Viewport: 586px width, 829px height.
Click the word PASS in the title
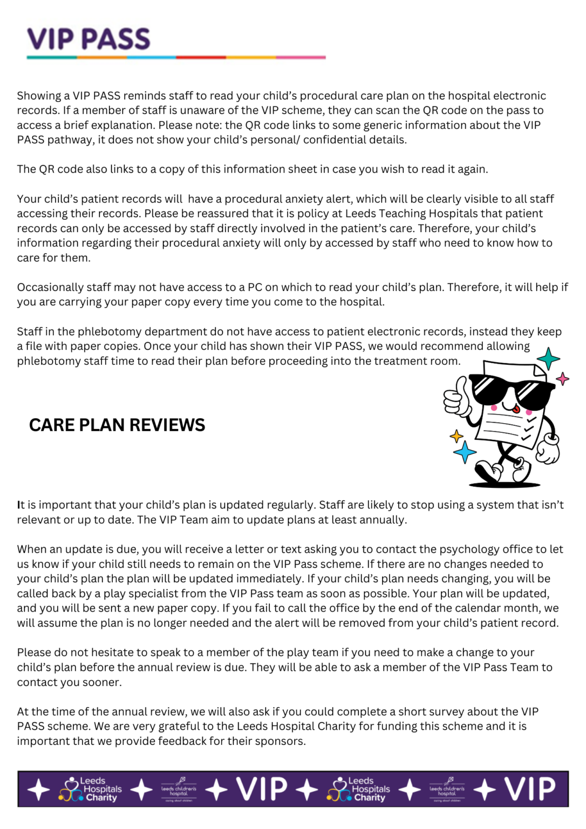(116, 39)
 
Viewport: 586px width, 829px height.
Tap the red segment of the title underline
(201, 57)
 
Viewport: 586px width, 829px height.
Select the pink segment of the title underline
(301, 57)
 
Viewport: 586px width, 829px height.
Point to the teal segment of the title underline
(52, 57)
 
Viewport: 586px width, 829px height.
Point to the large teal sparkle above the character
(548, 358)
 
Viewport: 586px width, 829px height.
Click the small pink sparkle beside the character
(563, 379)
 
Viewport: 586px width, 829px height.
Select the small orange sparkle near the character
(456, 436)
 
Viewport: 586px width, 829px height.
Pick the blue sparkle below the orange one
(465, 452)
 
